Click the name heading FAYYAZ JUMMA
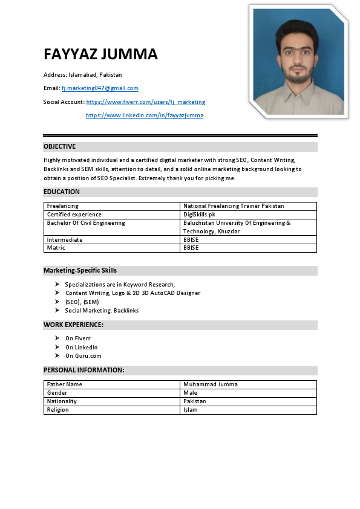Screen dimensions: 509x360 [x=100, y=54]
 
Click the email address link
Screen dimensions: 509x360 [x=100, y=88]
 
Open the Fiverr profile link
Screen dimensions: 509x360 [x=145, y=102]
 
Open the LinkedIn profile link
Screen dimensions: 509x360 [x=145, y=115]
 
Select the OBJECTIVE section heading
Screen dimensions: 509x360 [x=59, y=146]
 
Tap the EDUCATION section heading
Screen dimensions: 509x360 [x=61, y=192]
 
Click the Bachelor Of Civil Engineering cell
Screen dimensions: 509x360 [x=86, y=223]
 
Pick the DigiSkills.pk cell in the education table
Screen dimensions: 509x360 [x=199, y=215]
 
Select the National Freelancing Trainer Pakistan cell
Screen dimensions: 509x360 [x=234, y=206]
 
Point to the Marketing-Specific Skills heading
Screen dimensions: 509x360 [x=80, y=270]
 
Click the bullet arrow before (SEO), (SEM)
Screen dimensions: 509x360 [x=57, y=302]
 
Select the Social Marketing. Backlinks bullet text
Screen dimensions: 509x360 [x=102, y=310]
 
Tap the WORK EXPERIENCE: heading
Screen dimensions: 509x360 [x=73, y=325]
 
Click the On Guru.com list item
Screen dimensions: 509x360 [x=83, y=356]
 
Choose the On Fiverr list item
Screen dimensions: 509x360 [x=77, y=339]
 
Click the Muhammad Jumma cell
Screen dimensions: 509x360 [x=210, y=384]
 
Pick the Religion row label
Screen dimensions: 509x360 [x=57, y=410]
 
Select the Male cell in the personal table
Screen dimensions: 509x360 [x=190, y=393]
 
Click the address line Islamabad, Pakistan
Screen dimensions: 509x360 [x=82, y=75]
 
